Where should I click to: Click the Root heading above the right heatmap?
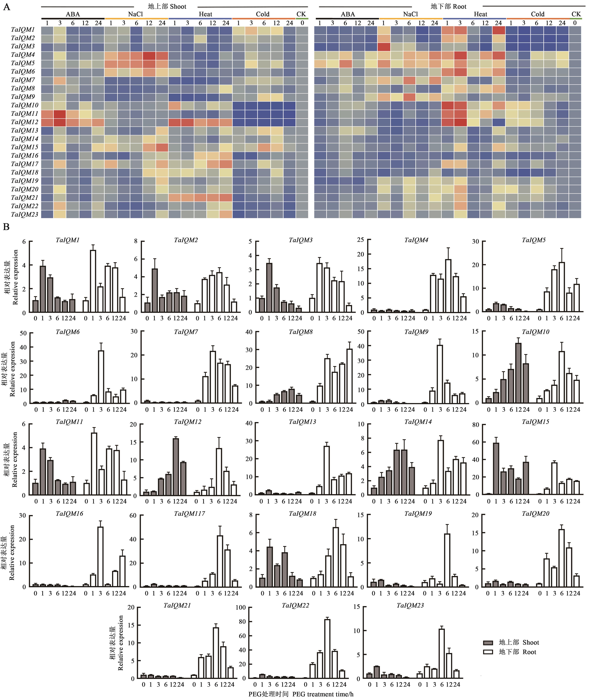pyautogui.click(x=448, y=6)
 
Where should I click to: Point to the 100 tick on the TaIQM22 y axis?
pyautogui.click(x=240, y=607)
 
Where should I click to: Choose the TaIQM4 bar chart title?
pyautogui.click(x=416, y=240)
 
